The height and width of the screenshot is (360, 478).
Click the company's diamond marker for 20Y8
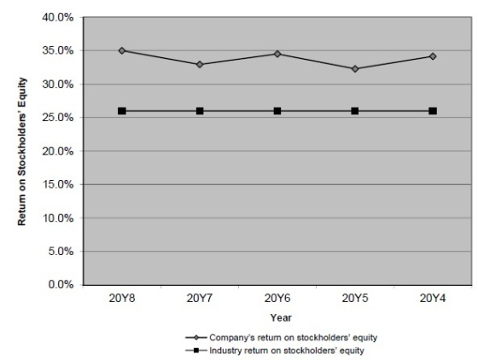[122, 50]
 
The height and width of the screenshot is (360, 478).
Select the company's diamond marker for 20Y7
[200, 65]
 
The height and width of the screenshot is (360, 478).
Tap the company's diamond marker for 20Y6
[277, 54]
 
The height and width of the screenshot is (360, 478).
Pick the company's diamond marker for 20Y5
[355, 69]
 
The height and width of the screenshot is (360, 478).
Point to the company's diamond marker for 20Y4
[433, 56]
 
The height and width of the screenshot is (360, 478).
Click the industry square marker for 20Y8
[122, 111]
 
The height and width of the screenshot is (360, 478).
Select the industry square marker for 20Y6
[277, 111]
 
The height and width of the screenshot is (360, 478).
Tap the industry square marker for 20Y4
[433, 111]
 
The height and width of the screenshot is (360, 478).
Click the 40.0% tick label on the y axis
[58, 18]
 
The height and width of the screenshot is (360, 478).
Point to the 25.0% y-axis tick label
[58, 118]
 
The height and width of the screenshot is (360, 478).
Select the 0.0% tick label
[61, 285]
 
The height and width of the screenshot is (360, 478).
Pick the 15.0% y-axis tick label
[58, 184]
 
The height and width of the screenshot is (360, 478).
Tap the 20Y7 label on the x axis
[200, 299]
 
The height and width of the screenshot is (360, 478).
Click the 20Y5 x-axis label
[355, 299]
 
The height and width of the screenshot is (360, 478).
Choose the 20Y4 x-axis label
[433, 299]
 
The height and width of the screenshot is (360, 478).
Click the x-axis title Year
[281, 317]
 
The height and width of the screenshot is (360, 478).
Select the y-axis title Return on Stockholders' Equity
[22, 151]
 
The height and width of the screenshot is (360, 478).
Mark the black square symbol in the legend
[196, 351]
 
